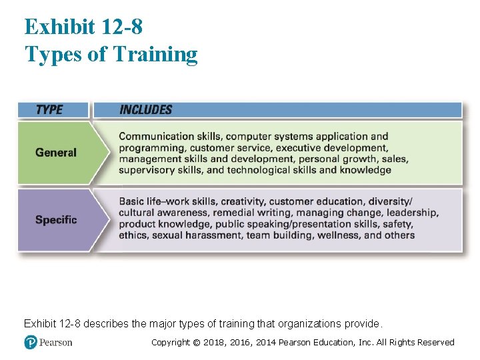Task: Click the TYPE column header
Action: [49, 109]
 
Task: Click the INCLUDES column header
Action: [145, 109]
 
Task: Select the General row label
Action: [56, 153]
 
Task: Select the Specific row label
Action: [56, 219]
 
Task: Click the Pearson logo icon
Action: [30, 342]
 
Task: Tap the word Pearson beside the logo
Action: [55, 342]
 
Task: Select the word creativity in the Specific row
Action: [242, 201]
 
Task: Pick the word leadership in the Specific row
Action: [412, 212]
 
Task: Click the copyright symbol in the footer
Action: [197, 342]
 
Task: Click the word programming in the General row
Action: [152, 147]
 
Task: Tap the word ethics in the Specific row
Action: [133, 235]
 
